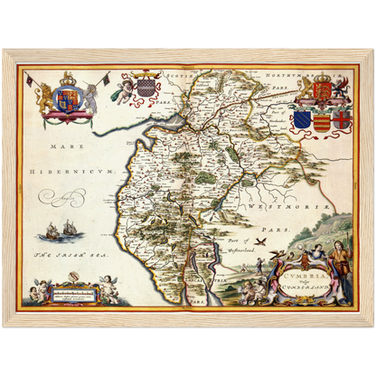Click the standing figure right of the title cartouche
click(339, 262)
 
